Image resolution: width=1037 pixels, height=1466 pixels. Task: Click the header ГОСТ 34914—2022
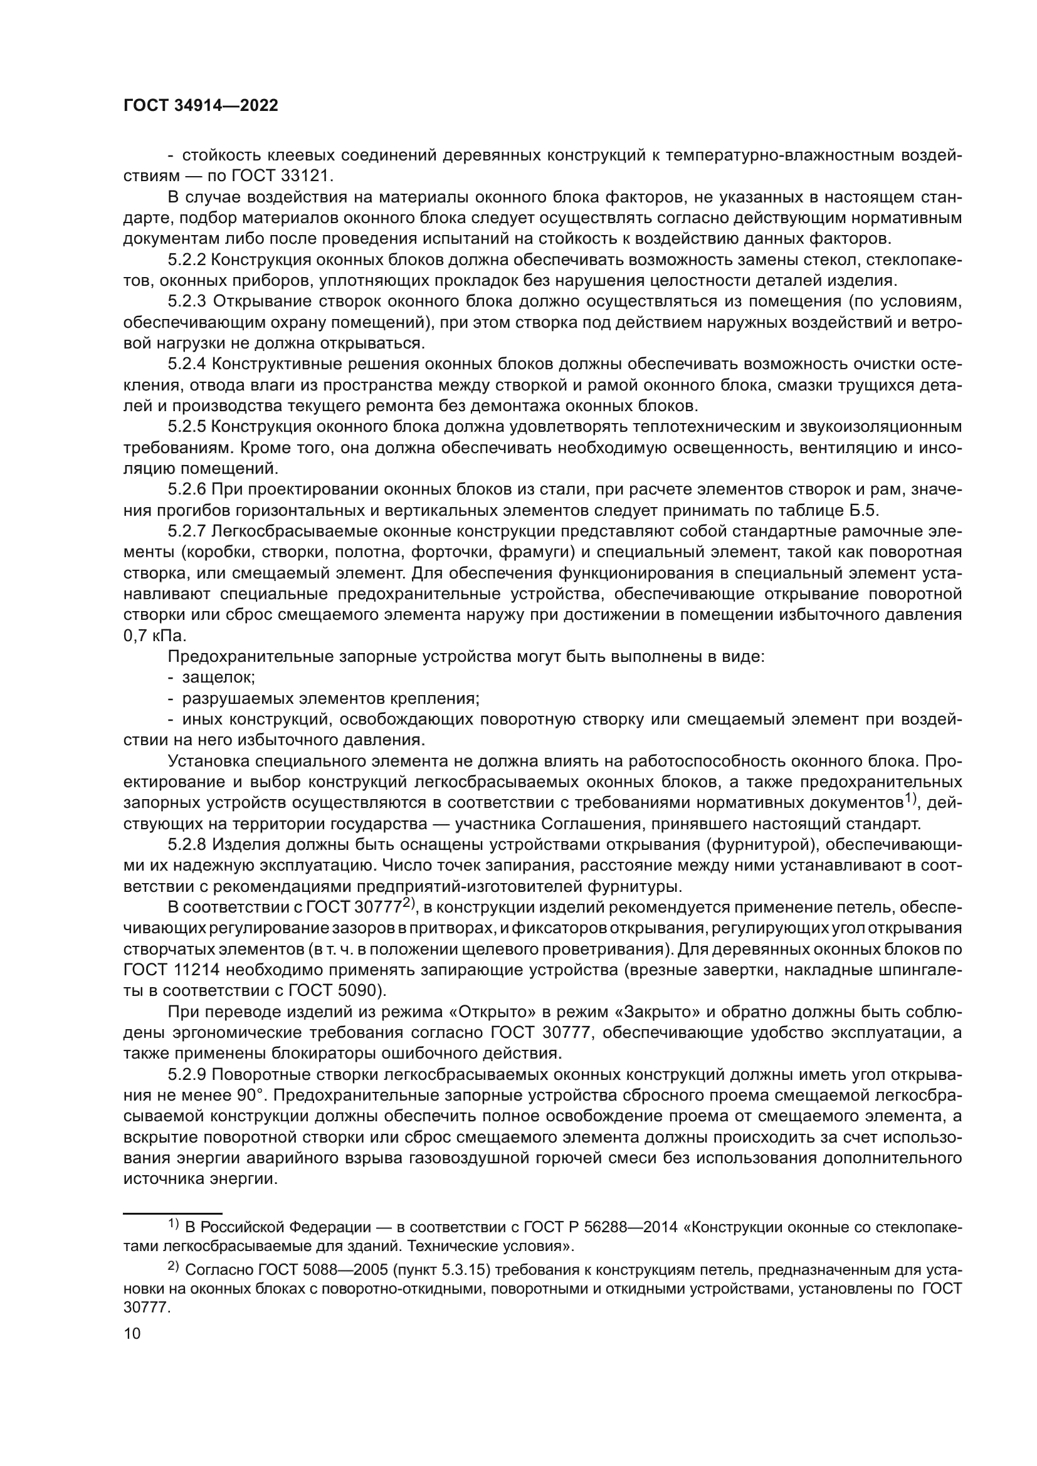(x=201, y=106)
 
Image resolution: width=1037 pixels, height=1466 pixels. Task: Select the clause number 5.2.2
(x=187, y=260)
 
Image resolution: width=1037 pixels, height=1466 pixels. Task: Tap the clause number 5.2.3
(x=187, y=301)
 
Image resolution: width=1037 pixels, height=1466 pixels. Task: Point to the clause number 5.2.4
(x=187, y=364)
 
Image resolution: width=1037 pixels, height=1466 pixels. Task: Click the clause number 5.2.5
(x=187, y=427)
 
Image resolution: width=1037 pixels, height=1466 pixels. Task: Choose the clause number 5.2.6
(x=187, y=490)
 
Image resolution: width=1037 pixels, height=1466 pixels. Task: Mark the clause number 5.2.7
(x=187, y=531)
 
